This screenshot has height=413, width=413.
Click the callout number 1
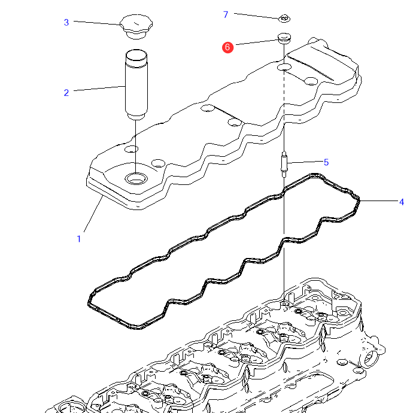(78, 239)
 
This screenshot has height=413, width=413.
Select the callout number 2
(66, 92)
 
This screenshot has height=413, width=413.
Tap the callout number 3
(66, 23)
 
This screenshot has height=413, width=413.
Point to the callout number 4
(402, 202)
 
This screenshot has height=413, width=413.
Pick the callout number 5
(326, 162)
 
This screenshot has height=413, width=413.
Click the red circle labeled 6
(227, 47)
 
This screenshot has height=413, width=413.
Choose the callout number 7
(226, 14)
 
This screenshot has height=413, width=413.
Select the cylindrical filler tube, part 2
(136, 84)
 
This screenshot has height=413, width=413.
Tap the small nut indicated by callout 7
(285, 19)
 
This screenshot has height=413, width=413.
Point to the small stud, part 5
(284, 163)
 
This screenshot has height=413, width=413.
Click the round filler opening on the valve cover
(136, 178)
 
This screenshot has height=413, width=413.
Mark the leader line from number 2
(99, 89)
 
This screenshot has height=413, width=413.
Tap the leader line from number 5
(305, 162)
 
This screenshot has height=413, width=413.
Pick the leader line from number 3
(96, 23)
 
